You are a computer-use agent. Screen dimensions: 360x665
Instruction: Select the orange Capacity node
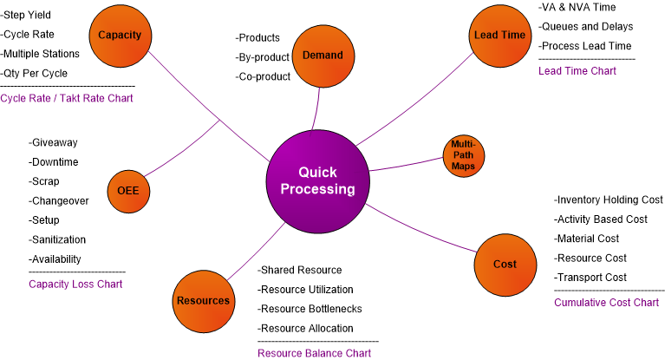point(120,35)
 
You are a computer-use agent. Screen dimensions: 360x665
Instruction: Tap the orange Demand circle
point(323,56)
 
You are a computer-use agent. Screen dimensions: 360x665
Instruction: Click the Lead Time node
point(499,36)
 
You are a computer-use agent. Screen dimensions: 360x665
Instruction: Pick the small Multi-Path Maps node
point(464,155)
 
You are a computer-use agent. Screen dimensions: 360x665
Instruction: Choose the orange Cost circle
point(505,264)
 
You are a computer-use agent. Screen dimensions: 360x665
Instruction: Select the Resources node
point(204,301)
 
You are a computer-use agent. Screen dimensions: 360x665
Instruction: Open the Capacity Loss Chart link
point(75,284)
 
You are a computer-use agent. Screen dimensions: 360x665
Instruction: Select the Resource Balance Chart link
point(314,353)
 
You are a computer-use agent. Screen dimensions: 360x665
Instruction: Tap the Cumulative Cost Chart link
point(606,303)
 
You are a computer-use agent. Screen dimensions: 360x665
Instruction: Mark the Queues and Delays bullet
point(586,27)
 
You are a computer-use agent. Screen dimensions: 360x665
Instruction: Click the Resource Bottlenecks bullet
point(310,309)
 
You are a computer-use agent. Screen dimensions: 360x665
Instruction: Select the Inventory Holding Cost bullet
point(609,200)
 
